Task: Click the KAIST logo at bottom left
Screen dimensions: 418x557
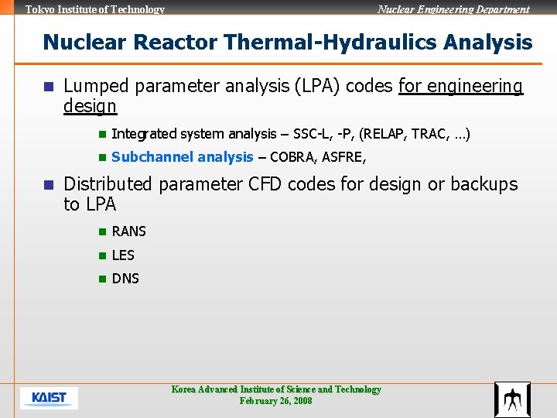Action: pyautogui.click(x=49, y=398)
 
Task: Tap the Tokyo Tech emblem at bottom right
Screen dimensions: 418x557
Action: pyautogui.click(x=512, y=399)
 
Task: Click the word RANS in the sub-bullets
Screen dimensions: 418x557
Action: pyautogui.click(x=128, y=231)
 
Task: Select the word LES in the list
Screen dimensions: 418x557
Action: pyautogui.click(x=123, y=255)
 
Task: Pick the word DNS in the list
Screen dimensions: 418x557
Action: pyautogui.click(x=125, y=279)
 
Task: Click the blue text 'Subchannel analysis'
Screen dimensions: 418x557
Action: pyautogui.click(x=182, y=157)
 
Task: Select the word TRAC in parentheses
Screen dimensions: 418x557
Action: pyautogui.click(x=429, y=134)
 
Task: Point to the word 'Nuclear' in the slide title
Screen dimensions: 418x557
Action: pyautogui.click(x=78, y=42)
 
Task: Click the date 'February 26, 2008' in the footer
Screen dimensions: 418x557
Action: pyautogui.click(x=275, y=401)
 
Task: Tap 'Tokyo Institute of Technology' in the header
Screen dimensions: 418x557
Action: pyautogui.click(x=95, y=9)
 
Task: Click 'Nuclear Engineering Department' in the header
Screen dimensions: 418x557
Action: pyautogui.click(x=453, y=9)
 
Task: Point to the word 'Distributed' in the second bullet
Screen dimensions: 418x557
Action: pyautogui.click(x=108, y=184)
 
